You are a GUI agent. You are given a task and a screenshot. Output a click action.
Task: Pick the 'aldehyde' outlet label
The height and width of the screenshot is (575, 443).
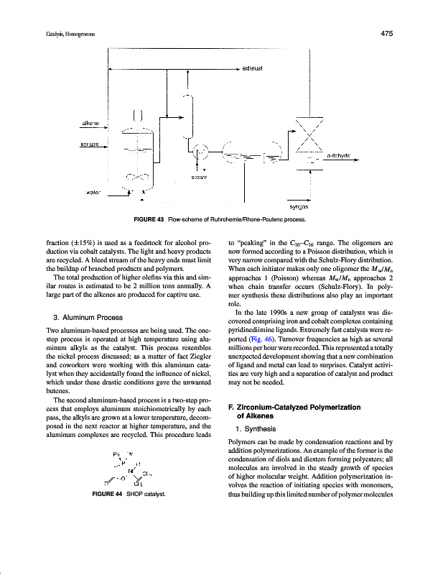(x=343, y=156)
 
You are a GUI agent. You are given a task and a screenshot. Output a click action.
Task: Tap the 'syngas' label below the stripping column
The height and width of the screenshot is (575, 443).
(x=299, y=206)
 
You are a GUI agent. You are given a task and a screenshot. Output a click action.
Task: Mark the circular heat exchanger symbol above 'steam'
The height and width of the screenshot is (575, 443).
(x=201, y=152)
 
